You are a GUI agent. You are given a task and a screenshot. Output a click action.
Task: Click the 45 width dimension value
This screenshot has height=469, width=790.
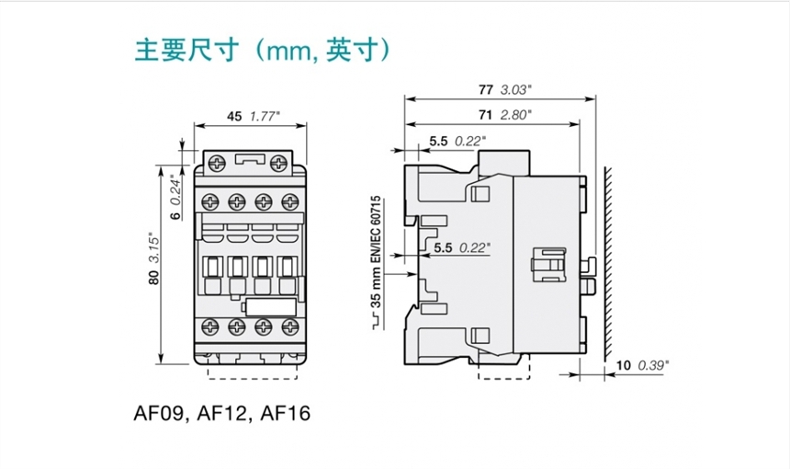(x=233, y=117)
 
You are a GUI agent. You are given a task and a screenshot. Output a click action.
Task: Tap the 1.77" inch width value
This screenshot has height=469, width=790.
(x=265, y=117)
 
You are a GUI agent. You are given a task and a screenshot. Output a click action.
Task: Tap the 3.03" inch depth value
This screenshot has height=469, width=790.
(x=517, y=89)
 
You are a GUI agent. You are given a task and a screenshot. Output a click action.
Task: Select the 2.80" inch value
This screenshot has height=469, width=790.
(x=517, y=115)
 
